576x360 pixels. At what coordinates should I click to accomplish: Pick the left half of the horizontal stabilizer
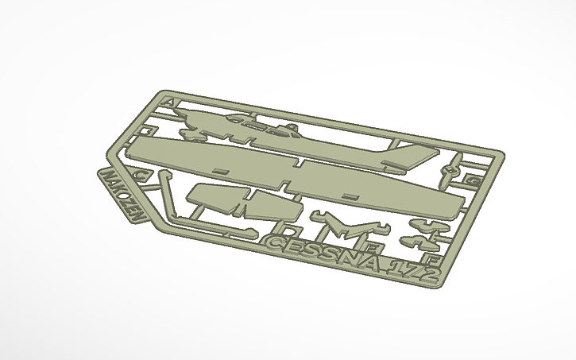[x=212, y=196]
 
